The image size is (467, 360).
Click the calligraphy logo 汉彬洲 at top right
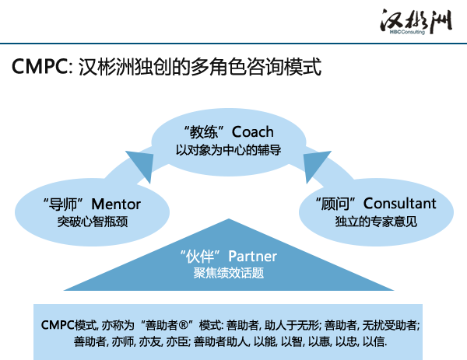click(416, 20)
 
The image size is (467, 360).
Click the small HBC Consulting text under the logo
click(407, 32)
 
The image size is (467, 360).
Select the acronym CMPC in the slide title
click(40, 66)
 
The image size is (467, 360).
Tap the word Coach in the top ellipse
click(252, 132)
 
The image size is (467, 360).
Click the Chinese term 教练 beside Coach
click(204, 132)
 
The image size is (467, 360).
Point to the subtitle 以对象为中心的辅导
click(228, 150)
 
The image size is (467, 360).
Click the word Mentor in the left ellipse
click(116, 204)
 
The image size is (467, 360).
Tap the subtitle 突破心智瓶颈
click(93, 222)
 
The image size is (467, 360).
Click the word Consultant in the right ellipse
click(400, 204)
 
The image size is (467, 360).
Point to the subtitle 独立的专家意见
click(376, 222)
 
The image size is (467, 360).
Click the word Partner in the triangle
click(252, 256)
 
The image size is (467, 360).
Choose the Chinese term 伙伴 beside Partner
click(200, 257)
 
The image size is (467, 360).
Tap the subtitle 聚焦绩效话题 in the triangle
click(229, 273)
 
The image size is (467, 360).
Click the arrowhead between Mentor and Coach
click(142, 163)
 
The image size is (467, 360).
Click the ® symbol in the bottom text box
click(184, 325)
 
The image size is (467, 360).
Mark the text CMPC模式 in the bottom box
click(69, 325)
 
